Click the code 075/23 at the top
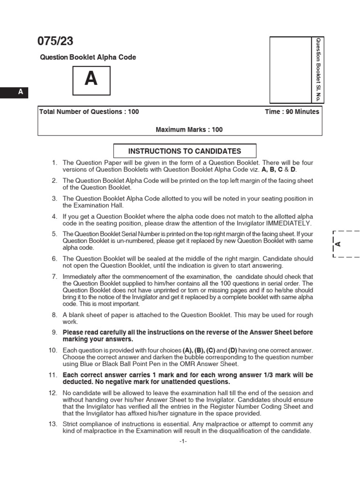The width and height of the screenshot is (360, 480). coord(55,41)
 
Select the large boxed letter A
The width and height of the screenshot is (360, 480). coord(91,80)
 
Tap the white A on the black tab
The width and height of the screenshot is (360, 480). coord(21,92)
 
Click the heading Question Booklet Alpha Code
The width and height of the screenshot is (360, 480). coord(88,58)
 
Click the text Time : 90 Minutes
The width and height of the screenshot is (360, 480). coord(292,112)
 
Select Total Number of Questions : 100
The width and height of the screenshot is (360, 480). coord(89,112)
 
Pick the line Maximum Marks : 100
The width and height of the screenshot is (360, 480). coord(189,130)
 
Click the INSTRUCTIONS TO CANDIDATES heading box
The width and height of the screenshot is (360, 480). coord(185,151)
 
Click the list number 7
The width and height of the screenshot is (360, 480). coord(54,277)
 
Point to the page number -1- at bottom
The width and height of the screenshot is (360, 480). coord(183,441)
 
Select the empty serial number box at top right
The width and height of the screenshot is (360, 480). coord(291,70)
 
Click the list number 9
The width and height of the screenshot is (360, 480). coord(54,332)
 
